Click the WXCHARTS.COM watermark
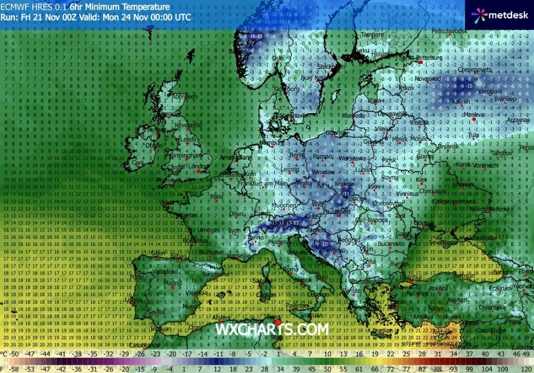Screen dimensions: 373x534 click(272, 329)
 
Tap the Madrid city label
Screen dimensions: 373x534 click(173, 283)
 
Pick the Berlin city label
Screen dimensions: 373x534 click(297, 155)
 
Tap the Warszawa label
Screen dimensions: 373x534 click(350, 158)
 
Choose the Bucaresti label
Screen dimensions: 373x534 click(392, 243)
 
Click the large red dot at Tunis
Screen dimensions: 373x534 click(277, 323)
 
